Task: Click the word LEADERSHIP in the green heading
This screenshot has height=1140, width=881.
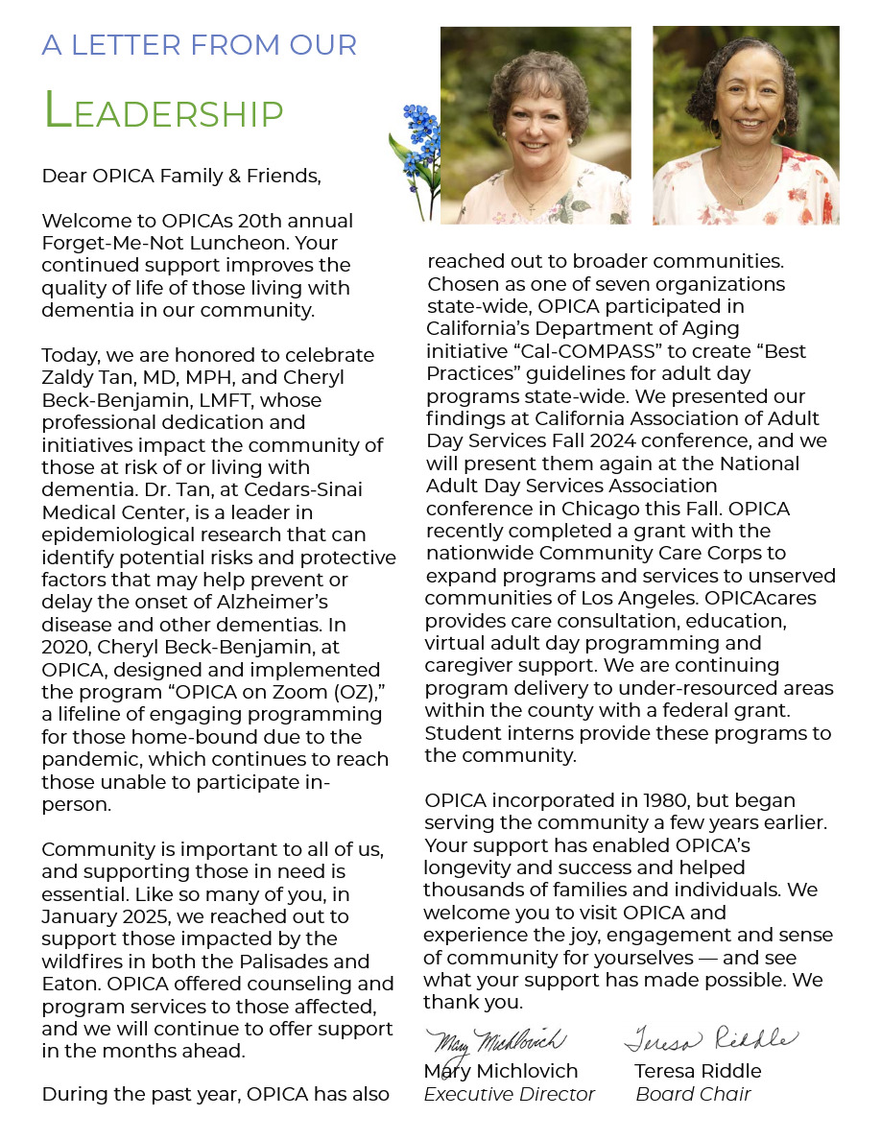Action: click(164, 111)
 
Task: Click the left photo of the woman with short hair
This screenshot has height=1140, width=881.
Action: click(535, 125)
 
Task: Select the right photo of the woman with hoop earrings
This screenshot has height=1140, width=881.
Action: click(746, 125)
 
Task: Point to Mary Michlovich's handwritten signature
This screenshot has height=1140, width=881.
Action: click(499, 1041)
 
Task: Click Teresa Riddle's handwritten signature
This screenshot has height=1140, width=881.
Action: click(710, 1039)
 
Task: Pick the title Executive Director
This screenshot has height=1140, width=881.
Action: click(510, 1094)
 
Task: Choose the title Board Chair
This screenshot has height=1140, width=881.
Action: click(693, 1094)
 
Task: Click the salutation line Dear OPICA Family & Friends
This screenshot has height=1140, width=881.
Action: click(180, 176)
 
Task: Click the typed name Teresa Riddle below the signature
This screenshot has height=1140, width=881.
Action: click(698, 1071)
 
